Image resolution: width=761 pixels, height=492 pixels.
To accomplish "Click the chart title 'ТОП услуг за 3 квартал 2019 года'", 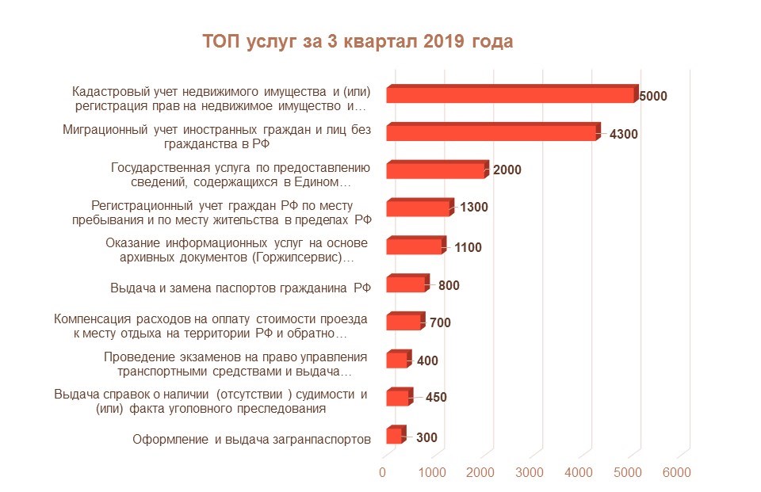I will [x=358, y=41].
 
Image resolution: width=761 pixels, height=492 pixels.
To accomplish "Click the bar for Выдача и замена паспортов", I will [x=406, y=284].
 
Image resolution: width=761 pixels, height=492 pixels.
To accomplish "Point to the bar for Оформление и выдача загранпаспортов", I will [x=394, y=436].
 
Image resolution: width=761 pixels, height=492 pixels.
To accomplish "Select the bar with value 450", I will [x=398, y=398].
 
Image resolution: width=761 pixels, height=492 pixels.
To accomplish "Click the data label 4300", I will [x=623, y=134].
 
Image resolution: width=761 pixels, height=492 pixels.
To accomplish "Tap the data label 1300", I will [x=473, y=208].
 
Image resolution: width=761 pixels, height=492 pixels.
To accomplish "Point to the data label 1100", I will [x=468, y=247].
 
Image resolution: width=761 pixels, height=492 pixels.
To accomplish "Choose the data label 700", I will [x=441, y=323].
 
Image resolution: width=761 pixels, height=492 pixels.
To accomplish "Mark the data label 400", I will [x=426, y=361].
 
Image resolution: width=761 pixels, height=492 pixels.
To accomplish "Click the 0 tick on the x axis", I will [x=383, y=472].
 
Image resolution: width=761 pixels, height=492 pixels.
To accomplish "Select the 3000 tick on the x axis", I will [x=530, y=472].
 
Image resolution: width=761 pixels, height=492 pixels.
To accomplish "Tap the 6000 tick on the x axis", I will [x=676, y=472].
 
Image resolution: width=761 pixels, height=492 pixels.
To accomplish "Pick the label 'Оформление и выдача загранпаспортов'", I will [x=251, y=439].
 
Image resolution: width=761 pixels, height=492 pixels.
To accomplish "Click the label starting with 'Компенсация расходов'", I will [x=210, y=326].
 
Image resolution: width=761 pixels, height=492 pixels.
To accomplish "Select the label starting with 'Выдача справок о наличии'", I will [x=210, y=402].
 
